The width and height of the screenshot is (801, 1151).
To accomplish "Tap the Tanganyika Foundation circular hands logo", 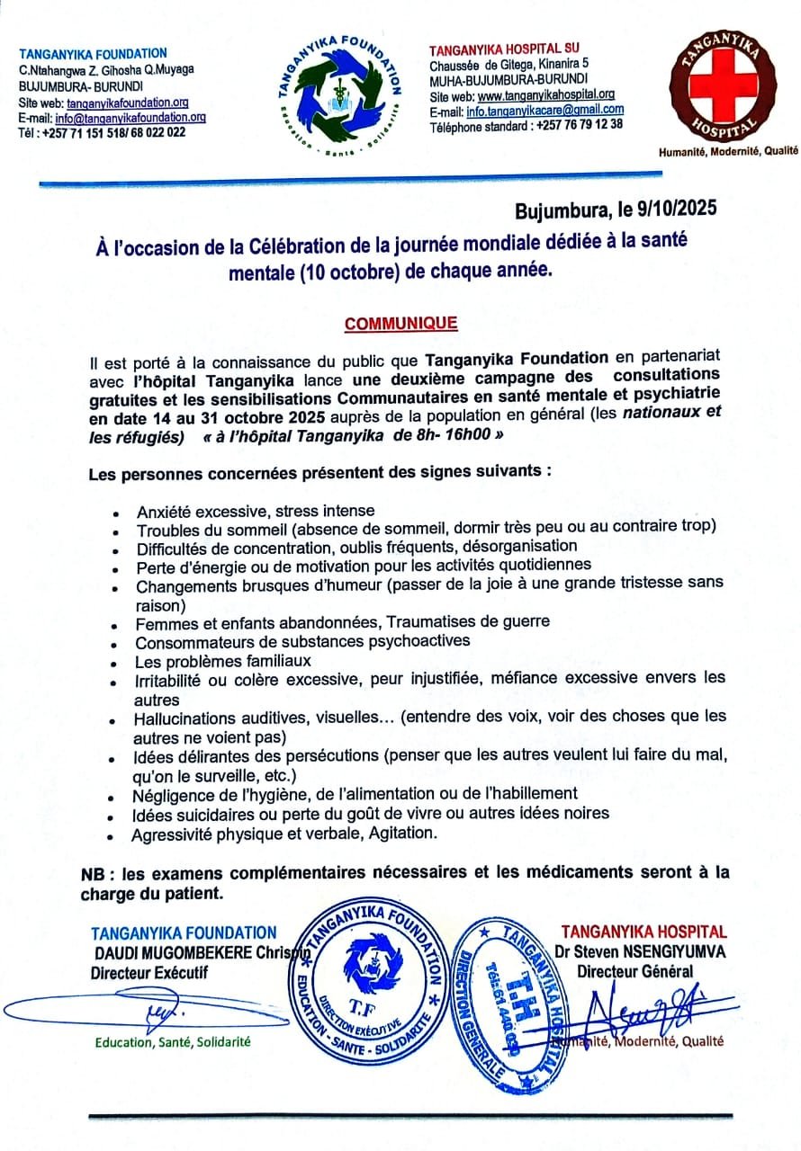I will [340, 94].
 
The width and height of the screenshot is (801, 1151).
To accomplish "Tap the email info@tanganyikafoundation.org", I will [130, 118].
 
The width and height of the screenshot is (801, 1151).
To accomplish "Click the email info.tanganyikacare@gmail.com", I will [544, 111].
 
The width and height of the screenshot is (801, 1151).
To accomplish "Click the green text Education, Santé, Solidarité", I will [174, 1042].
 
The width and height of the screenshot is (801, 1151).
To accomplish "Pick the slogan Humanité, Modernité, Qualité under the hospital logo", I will [728, 152].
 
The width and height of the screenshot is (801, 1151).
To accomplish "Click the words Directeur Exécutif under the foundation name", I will [148, 972].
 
